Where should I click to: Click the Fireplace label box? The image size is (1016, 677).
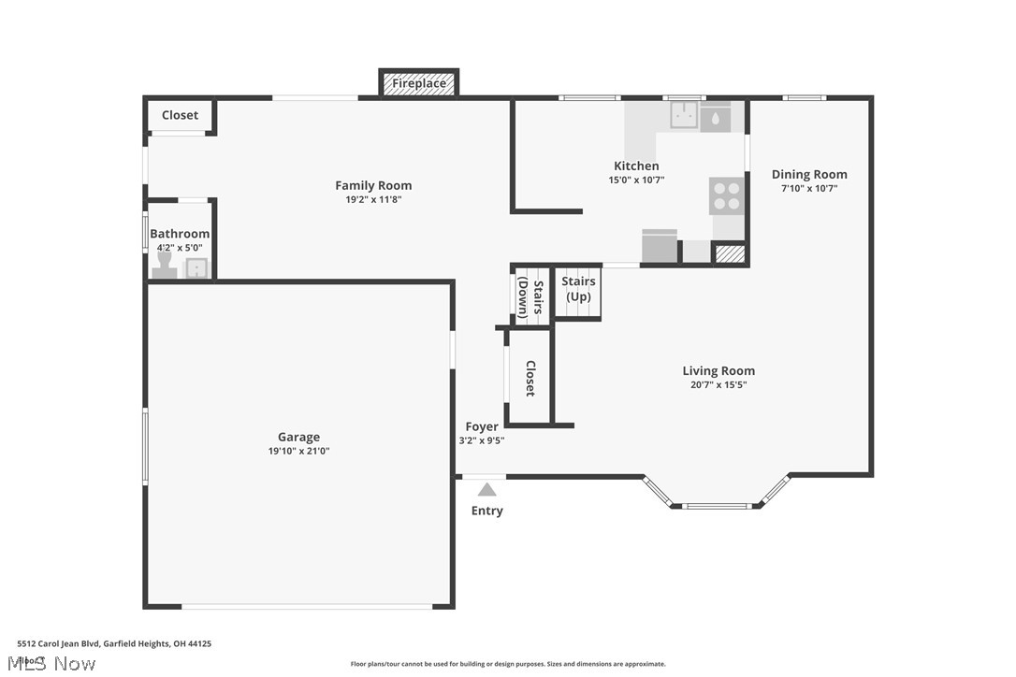point(418,83)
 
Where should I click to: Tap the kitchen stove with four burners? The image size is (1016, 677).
point(727,195)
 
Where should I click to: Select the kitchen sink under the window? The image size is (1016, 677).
point(685,116)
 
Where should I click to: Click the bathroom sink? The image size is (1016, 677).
point(197,269)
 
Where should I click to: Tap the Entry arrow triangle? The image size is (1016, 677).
point(486,489)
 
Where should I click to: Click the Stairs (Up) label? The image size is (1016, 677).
point(577,288)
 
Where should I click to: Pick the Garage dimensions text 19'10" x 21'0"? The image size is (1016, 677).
point(298,451)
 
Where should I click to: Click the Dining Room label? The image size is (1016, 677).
point(809,174)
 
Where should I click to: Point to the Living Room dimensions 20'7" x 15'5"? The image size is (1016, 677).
point(718,384)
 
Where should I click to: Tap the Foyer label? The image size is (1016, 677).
point(482,426)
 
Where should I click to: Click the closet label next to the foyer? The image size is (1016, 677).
point(530,378)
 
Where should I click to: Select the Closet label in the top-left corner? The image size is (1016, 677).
point(180,115)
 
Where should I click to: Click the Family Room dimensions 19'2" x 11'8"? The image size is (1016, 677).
point(373,199)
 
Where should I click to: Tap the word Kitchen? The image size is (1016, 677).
point(636,166)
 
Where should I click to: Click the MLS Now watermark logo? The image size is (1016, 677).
point(55,663)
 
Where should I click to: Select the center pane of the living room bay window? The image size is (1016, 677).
point(717,506)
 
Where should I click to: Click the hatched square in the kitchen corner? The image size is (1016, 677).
point(729,252)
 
